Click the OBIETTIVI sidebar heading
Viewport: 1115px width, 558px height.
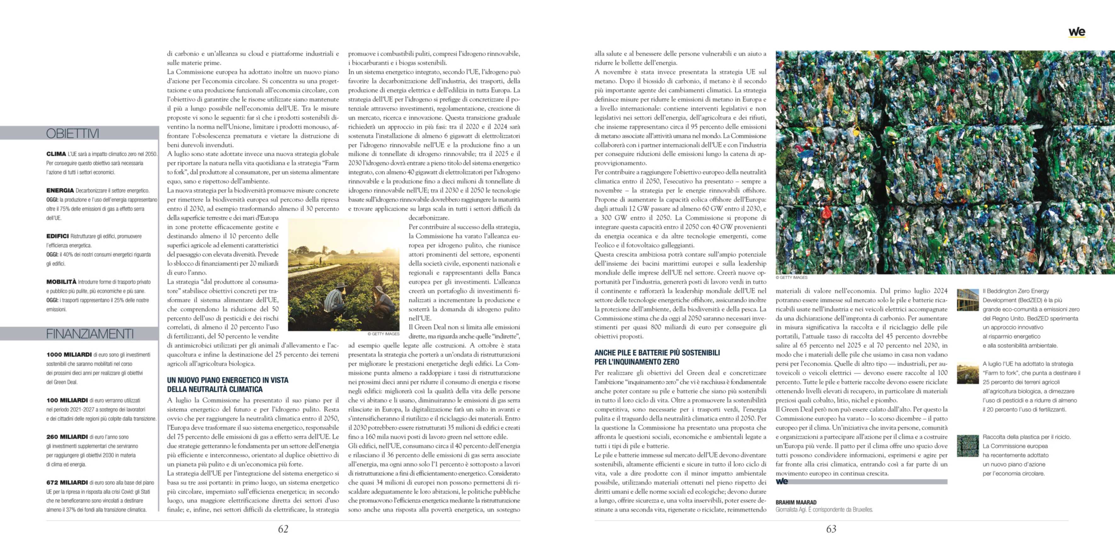pos(73,134)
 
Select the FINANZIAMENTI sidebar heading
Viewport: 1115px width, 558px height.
pos(90,334)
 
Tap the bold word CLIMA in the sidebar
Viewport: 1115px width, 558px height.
pos(56,154)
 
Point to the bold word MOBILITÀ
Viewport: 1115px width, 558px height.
pos(61,282)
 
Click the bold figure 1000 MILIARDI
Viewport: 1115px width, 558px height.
pos(69,354)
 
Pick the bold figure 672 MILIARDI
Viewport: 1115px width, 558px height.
pos(67,482)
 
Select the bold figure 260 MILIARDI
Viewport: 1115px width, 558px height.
pos(67,437)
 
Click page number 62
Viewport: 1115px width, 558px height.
pos(283,529)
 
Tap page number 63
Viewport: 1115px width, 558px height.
pos(831,529)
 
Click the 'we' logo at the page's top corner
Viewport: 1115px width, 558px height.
pos(1077,32)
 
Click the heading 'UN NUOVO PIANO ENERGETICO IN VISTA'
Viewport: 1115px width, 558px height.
pos(228,380)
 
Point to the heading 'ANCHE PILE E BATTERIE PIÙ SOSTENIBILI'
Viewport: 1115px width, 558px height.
pos(657,353)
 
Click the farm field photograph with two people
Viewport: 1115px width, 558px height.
pos(344,275)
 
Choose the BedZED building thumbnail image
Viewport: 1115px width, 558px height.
pos(967,300)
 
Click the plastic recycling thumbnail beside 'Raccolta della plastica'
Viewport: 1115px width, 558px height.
pos(967,446)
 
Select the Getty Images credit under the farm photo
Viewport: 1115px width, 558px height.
pos(383,334)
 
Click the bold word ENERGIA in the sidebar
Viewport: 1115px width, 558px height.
pos(60,190)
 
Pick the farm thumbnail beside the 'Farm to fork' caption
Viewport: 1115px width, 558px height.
pos(967,373)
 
